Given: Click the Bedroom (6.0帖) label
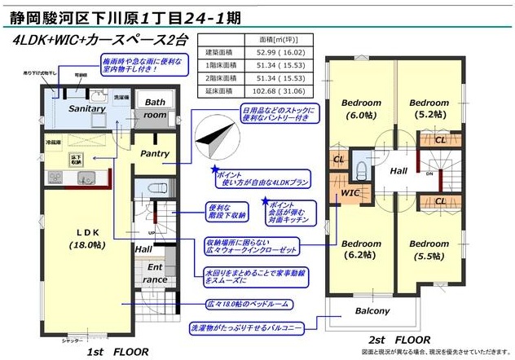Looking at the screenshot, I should [361, 109].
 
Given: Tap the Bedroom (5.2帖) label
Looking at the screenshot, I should [429, 109].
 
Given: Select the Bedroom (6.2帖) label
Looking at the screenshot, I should [361, 249].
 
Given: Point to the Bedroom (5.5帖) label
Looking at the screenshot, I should [429, 249].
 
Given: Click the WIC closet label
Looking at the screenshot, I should [350, 192].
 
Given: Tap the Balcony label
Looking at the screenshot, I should [373, 313].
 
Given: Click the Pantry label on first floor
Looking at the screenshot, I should [154, 153].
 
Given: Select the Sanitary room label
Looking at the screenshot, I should [87, 108].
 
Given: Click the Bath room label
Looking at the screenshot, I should [155, 109].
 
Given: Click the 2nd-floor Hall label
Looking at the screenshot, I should [398, 172].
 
